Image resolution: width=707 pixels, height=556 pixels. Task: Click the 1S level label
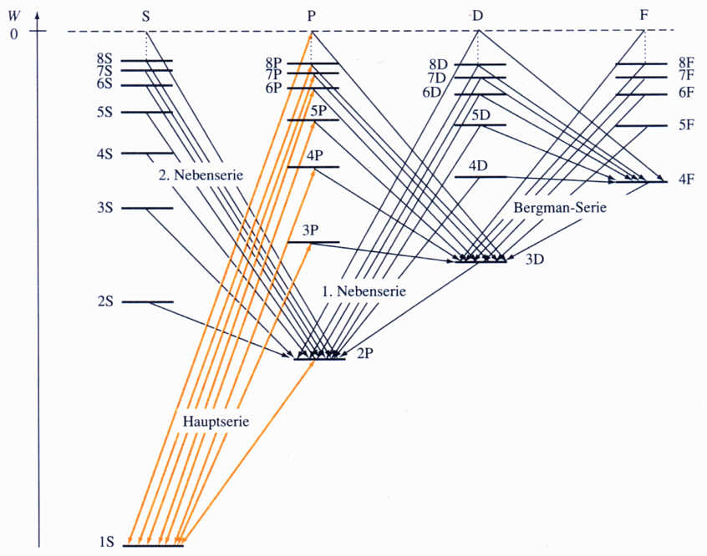tap(105, 543)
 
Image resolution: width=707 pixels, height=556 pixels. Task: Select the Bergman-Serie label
tap(559, 207)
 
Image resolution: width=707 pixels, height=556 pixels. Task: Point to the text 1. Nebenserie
tap(364, 292)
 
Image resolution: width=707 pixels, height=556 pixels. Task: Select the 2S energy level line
tap(148, 301)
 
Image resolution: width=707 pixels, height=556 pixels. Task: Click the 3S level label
tap(104, 208)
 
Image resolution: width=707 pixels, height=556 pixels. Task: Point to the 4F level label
tap(687, 179)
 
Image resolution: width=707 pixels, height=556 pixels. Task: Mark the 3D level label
tap(535, 259)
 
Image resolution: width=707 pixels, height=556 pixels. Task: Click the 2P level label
tap(364, 353)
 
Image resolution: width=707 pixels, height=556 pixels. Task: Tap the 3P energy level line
tap(313, 243)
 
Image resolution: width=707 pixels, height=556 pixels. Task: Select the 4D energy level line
tap(481, 177)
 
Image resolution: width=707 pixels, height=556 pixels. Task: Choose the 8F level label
tap(686, 62)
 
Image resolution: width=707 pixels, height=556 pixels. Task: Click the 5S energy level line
tap(147, 112)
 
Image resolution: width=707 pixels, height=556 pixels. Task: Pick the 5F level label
tap(686, 125)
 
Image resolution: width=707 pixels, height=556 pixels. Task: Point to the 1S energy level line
tap(153, 546)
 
